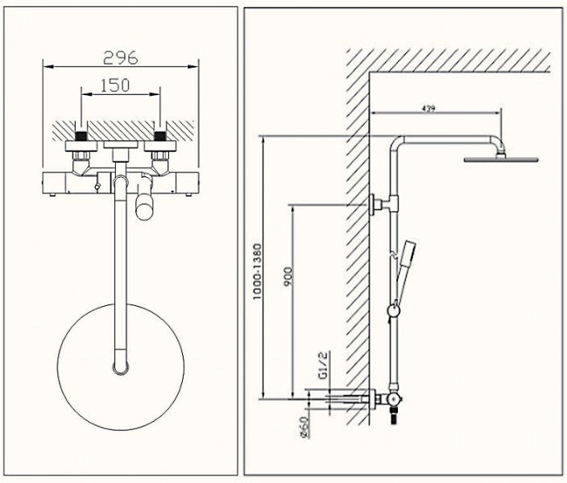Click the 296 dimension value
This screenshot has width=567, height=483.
point(122,57)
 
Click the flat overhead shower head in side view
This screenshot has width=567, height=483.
point(495,159)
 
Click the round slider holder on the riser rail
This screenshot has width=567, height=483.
point(394,310)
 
